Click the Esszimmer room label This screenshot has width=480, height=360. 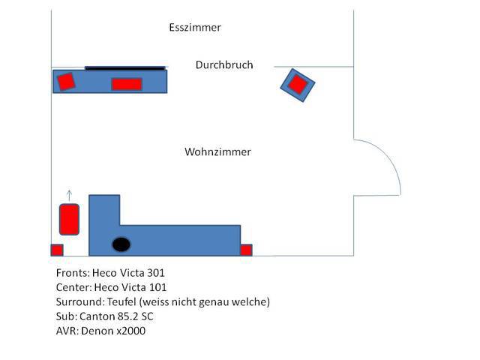[x=195, y=28]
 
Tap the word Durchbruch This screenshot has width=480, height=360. [x=224, y=65]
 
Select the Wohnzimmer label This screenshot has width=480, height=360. [x=217, y=151]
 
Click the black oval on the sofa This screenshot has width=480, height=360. [x=121, y=244]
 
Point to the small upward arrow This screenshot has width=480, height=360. [x=70, y=195]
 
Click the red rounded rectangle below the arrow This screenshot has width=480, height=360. [x=70, y=219]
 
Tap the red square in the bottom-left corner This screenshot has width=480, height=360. [x=57, y=250]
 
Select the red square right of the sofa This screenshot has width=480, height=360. [x=246, y=250]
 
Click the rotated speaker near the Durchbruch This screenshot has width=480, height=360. [x=298, y=85]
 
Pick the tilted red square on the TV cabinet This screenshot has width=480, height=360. [x=66, y=80]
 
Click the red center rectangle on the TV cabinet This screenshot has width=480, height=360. [x=127, y=84]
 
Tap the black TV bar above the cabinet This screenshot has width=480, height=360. [x=124, y=67]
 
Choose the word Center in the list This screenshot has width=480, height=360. [x=73, y=287]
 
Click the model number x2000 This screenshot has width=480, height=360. [x=130, y=330]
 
